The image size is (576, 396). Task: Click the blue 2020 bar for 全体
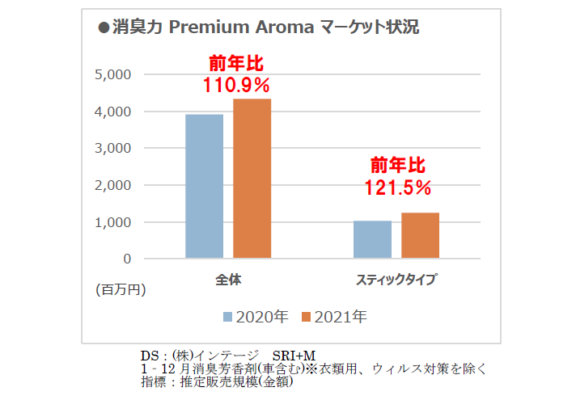click(204, 186)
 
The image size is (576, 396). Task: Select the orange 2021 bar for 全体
click(252, 179)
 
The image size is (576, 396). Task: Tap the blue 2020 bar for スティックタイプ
click(372, 239)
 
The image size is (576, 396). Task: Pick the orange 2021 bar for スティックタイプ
click(420, 235)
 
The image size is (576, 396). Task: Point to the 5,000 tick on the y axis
click(112, 75)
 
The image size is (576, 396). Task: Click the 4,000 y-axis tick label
click(112, 112)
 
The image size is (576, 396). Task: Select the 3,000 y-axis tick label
click(112, 148)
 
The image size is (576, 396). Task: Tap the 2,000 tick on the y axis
click(112, 185)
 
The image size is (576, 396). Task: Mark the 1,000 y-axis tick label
click(112, 222)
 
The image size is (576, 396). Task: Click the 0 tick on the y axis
click(127, 259)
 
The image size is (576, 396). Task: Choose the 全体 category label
click(228, 280)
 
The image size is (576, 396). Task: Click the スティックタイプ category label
click(396, 280)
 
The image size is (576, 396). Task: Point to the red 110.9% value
click(236, 85)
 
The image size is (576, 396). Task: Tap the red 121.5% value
click(398, 187)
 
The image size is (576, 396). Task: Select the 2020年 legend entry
click(256, 317)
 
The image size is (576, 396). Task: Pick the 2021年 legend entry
click(334, 317)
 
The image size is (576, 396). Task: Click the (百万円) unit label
click(121, 289)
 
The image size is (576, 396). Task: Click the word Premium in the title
click(209, 27)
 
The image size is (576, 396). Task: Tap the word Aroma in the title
click(285, 27)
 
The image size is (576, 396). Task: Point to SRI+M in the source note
click(294, 356)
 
